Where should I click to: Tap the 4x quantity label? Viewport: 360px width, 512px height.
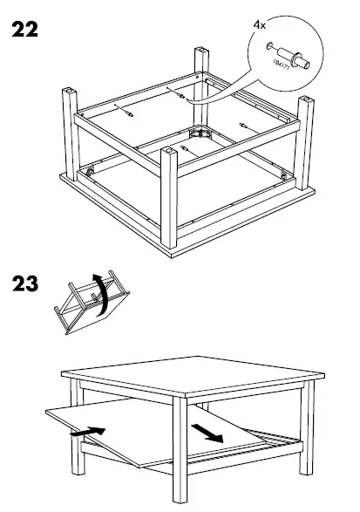(x=259, y=26)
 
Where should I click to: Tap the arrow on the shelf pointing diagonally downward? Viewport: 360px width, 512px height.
(x=207, y=432)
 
